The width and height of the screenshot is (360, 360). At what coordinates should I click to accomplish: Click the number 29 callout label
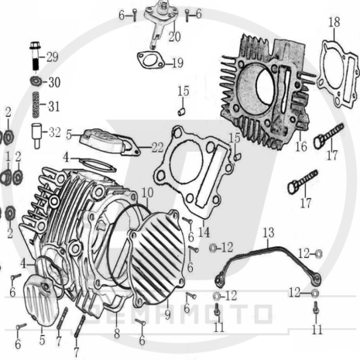tap(53, 57)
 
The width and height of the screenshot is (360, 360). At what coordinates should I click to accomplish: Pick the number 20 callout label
tap(174, 36)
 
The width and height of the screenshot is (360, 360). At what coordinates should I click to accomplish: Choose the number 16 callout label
tap(300, 145)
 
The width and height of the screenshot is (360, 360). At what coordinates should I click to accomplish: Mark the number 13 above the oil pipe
tap(268, 232)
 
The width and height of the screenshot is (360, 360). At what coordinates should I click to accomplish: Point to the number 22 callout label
tap(157, 147)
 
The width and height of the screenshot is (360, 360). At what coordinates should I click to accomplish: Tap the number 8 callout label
tap(117, 334)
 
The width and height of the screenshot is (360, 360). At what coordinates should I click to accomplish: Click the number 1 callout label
tap(8, 157)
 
